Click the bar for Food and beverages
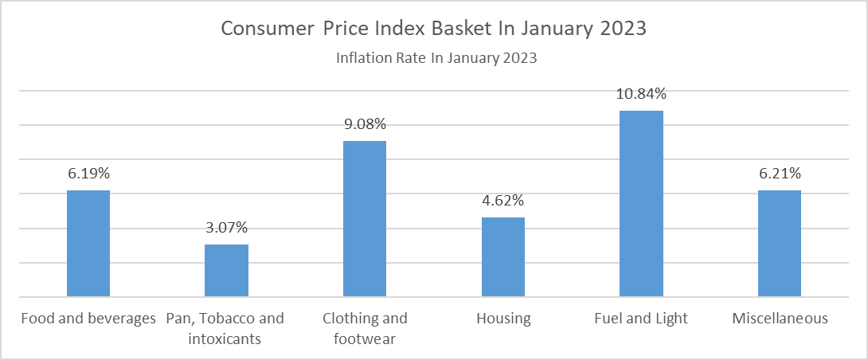pos(88,244)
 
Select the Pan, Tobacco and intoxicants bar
pos(226,271)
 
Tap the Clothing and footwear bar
pos(365,219)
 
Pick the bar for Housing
pos(503,257)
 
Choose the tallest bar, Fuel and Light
pos(641,204)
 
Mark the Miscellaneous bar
pos(780,244)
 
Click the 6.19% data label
pos(88,174)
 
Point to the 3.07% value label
pos(226,228)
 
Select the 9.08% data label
pos(365,124)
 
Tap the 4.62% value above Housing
pos(503,201)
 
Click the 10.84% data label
pos(641,94)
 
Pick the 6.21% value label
pos(780,174)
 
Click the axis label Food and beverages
pos(88,319)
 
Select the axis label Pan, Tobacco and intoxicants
pos(226,329)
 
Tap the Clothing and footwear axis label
pos(365,329)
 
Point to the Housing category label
pos(503,319)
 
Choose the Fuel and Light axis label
pos(641,319)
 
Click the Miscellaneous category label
pos(780,319)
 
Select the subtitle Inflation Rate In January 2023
pos(436,58)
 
